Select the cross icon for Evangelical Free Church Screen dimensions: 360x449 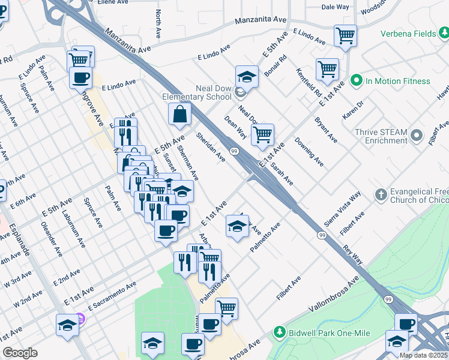[380, 194]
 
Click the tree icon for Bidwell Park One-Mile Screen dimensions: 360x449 [279, 332]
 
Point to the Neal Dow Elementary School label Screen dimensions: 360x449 [197, 92]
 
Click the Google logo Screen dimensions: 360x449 [20, 353]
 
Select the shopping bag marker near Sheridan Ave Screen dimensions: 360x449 [180, 114]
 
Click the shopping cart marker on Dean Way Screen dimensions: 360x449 [262, 136]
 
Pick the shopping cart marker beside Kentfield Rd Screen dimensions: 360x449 [327, 70]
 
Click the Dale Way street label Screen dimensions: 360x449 [335, 7]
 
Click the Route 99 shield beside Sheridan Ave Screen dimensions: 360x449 [233, 151]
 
